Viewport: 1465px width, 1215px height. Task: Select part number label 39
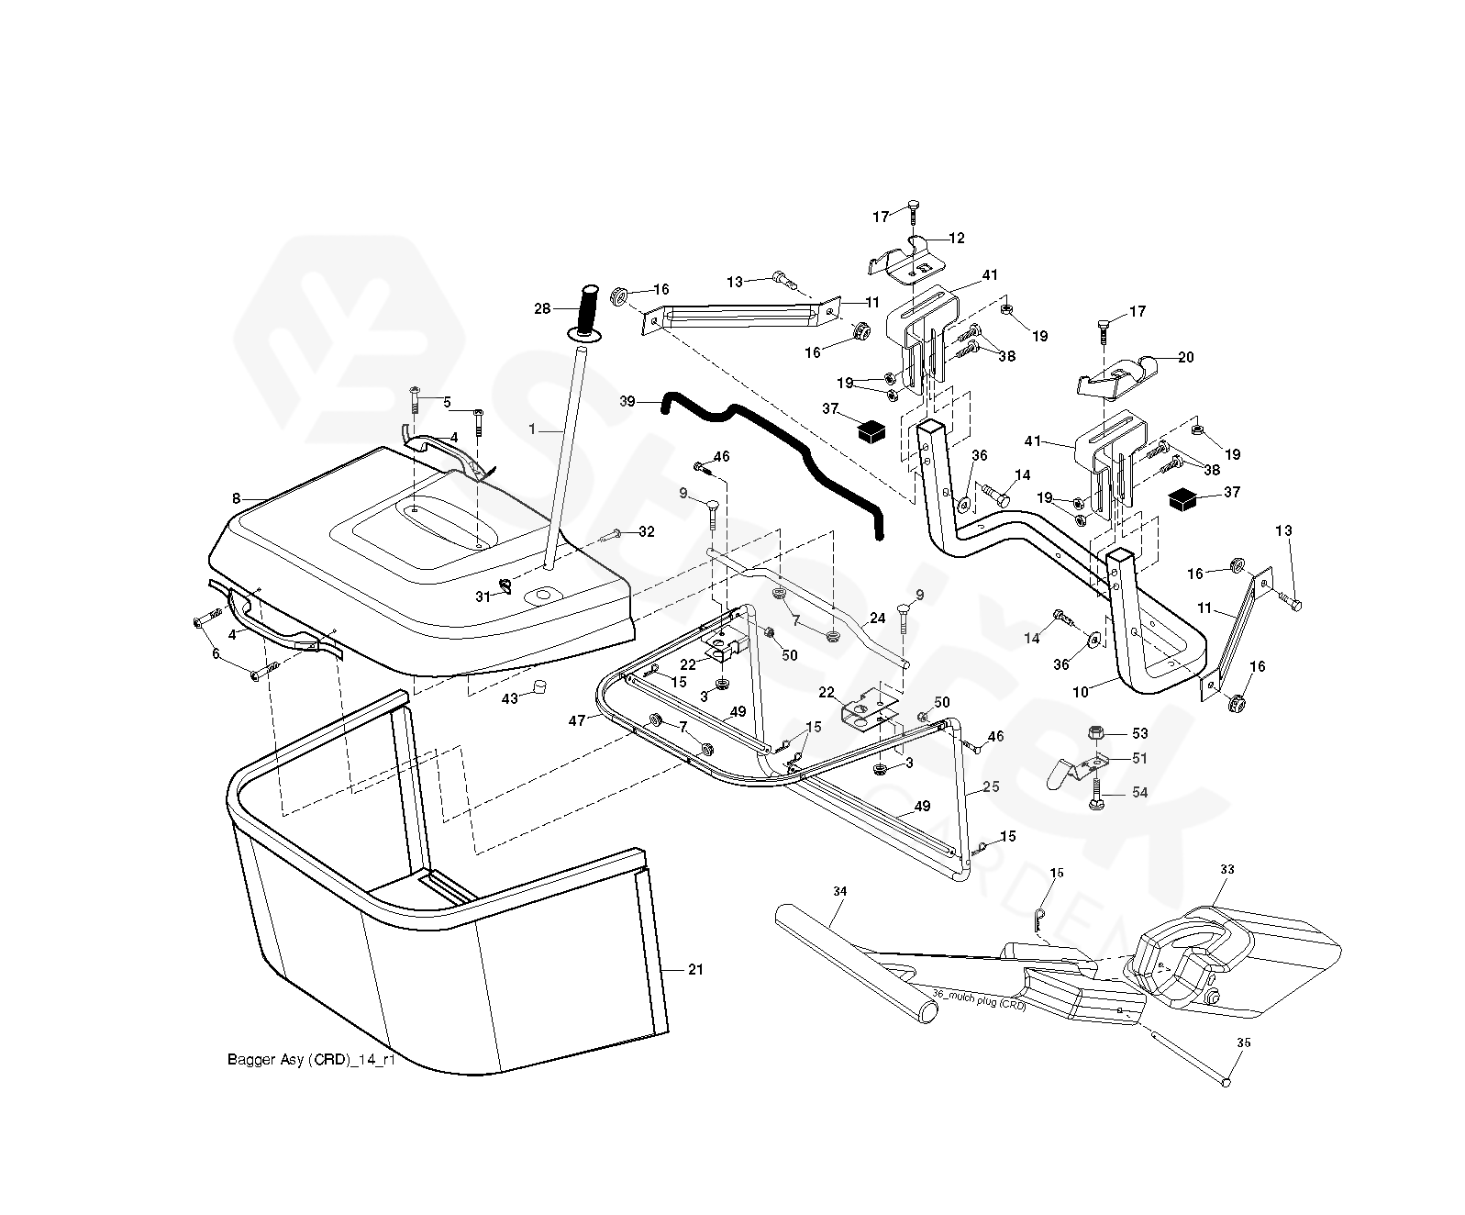[627, 401]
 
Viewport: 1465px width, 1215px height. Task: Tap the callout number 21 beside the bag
[695, 970]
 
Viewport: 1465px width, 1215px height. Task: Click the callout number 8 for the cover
[236, 498]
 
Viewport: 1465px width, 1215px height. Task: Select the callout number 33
[1227, 868]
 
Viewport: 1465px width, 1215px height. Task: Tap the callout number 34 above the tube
[839, 891]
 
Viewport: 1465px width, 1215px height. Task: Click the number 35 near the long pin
[1243, 1042]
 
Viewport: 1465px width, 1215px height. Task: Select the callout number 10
[1081, 692]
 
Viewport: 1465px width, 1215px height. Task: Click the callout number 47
[577, 721]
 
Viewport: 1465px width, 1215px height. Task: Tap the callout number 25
[991, 787]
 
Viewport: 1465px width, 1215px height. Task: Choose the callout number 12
[957, 239]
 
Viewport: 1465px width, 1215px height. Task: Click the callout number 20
[1186, 358]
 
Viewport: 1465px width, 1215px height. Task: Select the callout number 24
[877, 619]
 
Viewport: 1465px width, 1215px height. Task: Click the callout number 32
[647, 531]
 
